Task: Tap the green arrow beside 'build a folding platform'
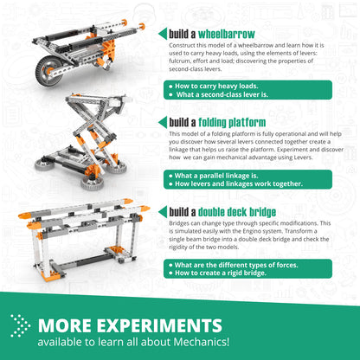(162, 122)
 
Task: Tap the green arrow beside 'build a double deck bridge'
(162, 211)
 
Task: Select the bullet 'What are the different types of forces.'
(233, 263)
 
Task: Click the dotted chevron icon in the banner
(20, 326)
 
